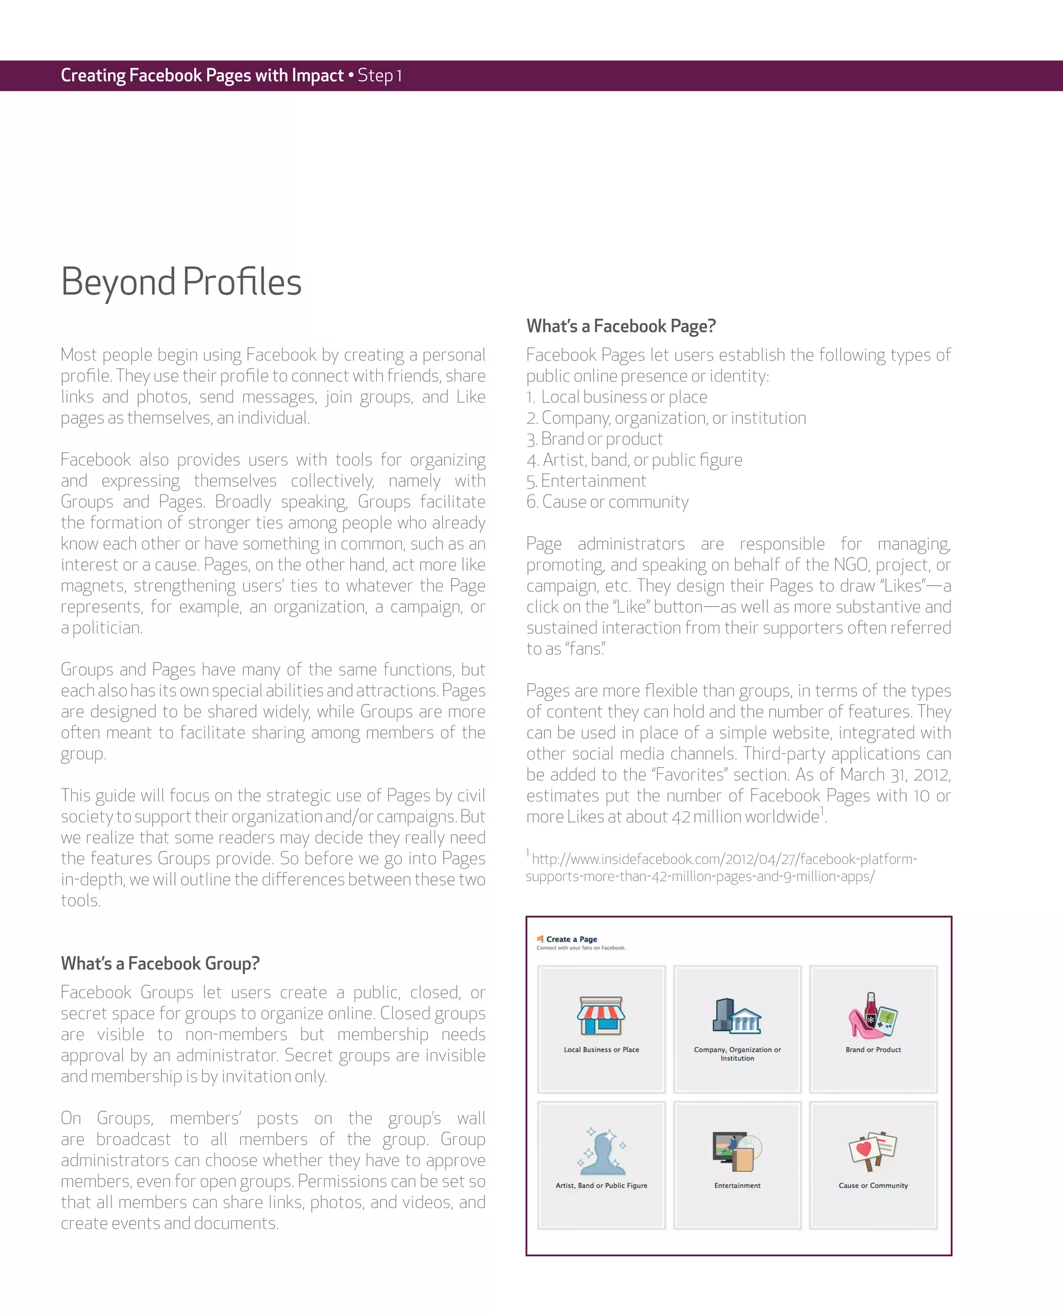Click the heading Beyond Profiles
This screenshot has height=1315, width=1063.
click(181, 282)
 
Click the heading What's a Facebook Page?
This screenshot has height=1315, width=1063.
click(620, 326)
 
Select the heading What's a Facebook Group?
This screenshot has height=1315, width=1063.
click(160, 963)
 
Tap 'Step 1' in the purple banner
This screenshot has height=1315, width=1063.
click(379, 76)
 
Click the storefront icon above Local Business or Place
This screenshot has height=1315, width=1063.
click(601, 1016)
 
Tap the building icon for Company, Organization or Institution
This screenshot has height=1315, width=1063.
click(737, 1016)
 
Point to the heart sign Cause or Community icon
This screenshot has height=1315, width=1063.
click(873, 1151)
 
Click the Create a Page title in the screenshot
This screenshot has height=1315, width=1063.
click(571, 939)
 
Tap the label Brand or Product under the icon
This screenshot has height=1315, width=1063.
click(873, 1049)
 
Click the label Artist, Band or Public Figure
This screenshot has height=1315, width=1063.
click(601, 1185)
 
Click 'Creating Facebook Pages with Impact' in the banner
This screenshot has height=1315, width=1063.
click(202, 76)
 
